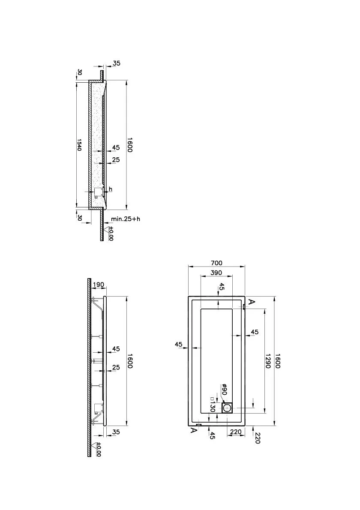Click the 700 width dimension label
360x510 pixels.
pyautogui.click(x=216, y=263)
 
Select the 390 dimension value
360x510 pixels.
pyautogui.click(x=216, y=273)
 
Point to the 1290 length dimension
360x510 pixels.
pyautogui.click(x=268, y=361)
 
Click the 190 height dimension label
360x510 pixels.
pyautogui.click(x=99, y=285)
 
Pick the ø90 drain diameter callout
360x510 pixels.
pyautogui.click(x=224, y=390)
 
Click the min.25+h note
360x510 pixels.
pyautogui.click(x=125, y=219)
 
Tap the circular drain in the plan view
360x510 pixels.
pyautogui.click(x=228, y=408)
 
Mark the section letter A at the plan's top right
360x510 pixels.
pyautogui.click(x=252, y=302)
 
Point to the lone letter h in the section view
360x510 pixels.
pyautogui.click(x=111, y=189)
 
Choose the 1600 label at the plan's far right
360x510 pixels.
pyautogui.click(x=277, y=361)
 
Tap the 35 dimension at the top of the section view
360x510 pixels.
pyautogui.click(x=116, y=63)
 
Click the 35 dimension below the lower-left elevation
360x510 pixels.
pyautogui.click(x=116, y=432)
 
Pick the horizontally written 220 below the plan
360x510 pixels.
pyautogui.click(x=235, y=432)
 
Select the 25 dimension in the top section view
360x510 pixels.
pyautogui.click(x=116, y=160)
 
